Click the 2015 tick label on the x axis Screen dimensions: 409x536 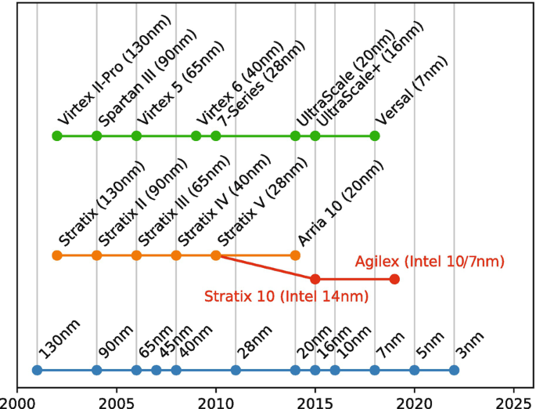(x=315, y=399)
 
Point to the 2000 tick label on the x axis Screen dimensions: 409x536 (x=17, y=399)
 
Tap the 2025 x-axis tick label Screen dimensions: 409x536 (x=513, y=399)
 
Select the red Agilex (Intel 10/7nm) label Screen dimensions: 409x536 (x=430, y=261)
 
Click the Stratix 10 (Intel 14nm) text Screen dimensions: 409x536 (x=286, y=296)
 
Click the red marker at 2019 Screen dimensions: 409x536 (x=394, y=279)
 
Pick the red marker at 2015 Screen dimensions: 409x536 (x=315, y=279)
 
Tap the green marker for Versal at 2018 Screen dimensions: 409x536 (x=375, y=136)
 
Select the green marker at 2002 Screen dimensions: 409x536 (x=56, y=136)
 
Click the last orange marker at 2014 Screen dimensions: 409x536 (x=295, y=255)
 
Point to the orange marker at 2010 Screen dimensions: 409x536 (x=216, y=255)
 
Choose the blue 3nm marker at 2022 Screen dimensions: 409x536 (x=454, y=370)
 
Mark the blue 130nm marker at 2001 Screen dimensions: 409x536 (x=37, y=370)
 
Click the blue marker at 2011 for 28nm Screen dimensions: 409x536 (x=236, y=370)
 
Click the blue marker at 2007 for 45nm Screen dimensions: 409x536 (x=156, y=370)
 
